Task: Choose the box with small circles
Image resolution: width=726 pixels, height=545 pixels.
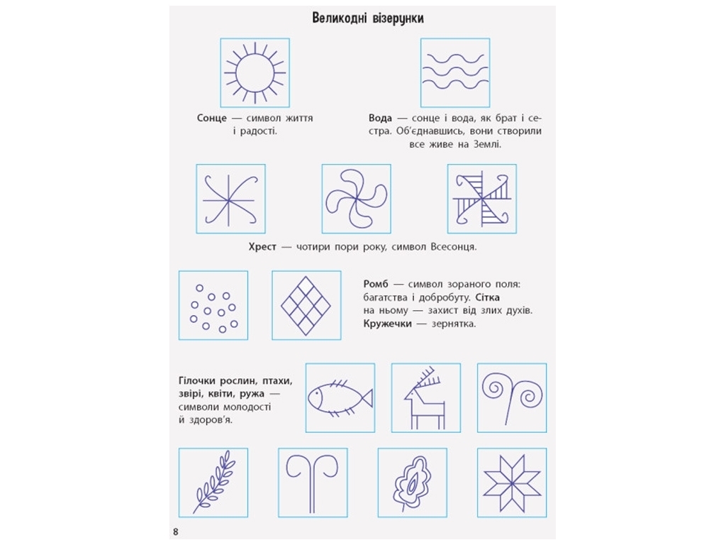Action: tap(213, 305)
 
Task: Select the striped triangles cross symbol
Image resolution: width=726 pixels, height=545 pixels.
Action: tap(482, 199)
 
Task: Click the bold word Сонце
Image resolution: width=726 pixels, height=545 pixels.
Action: tap(211, 119)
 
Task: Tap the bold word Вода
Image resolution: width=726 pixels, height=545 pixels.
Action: tap(380, 119)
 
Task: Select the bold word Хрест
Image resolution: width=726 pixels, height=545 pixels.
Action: tap(262, 247)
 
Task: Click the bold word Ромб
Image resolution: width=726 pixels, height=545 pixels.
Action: tap(376, 284)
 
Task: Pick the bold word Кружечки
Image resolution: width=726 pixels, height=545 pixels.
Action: tap(388, 324)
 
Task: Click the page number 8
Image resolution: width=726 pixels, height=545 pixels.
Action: tap(176, 532)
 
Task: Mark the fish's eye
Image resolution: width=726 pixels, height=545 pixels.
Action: tap(316, 395)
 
